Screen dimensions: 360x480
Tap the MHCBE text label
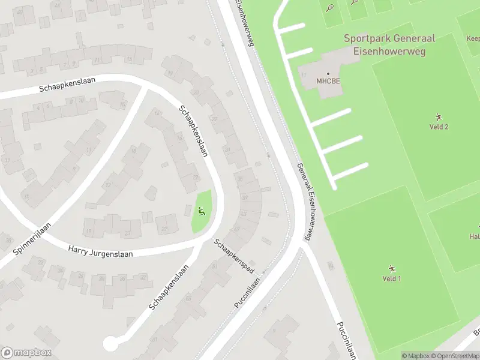pyautogui.click(x=328, y=82)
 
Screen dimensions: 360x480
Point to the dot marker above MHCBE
pyautogui.click(x=328, y=74)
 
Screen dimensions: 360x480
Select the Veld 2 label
pyautogui.click(x=439, y=127)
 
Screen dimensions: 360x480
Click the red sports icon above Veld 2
pyautogui.click(x=439, y=117)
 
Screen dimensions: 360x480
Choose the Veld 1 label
pyautogui.click(x=391, y=278)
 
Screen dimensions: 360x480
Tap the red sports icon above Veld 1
pyautogui.click(x=391, y=268)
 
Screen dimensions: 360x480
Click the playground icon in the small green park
pyautogui.click(x=202, y=211)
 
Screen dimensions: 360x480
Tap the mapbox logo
pyautogui.click(x=26, y=352)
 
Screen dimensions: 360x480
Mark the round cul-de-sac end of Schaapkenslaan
pyautogui.click(x=110, y=344)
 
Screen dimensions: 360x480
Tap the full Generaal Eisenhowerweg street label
pyautogui.click(x=305, y=202)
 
